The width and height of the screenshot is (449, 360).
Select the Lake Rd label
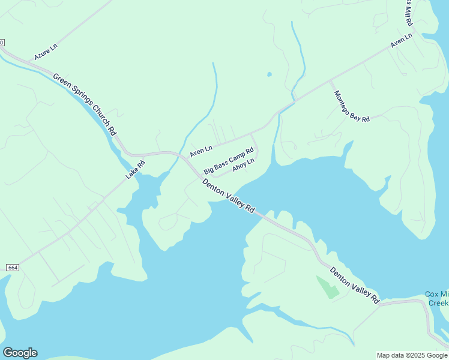coord(135,169)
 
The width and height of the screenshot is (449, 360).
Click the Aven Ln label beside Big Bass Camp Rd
coord(201,151)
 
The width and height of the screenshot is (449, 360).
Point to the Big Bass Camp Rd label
coord(229,160)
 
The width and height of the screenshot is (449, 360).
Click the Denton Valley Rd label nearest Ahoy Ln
coord(229,194)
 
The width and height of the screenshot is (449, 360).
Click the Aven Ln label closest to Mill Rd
coord(401,41)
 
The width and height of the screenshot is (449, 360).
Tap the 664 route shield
coord(13,267)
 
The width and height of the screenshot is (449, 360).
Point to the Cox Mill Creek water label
coord(437,298)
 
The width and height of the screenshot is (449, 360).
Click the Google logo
coord(20,353)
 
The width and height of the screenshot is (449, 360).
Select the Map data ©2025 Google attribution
coord(412,355)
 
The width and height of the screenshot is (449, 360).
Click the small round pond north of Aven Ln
coord(269,74)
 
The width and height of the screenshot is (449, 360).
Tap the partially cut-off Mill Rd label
coord(408,12)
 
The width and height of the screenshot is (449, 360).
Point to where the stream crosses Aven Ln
coord(294,101)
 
